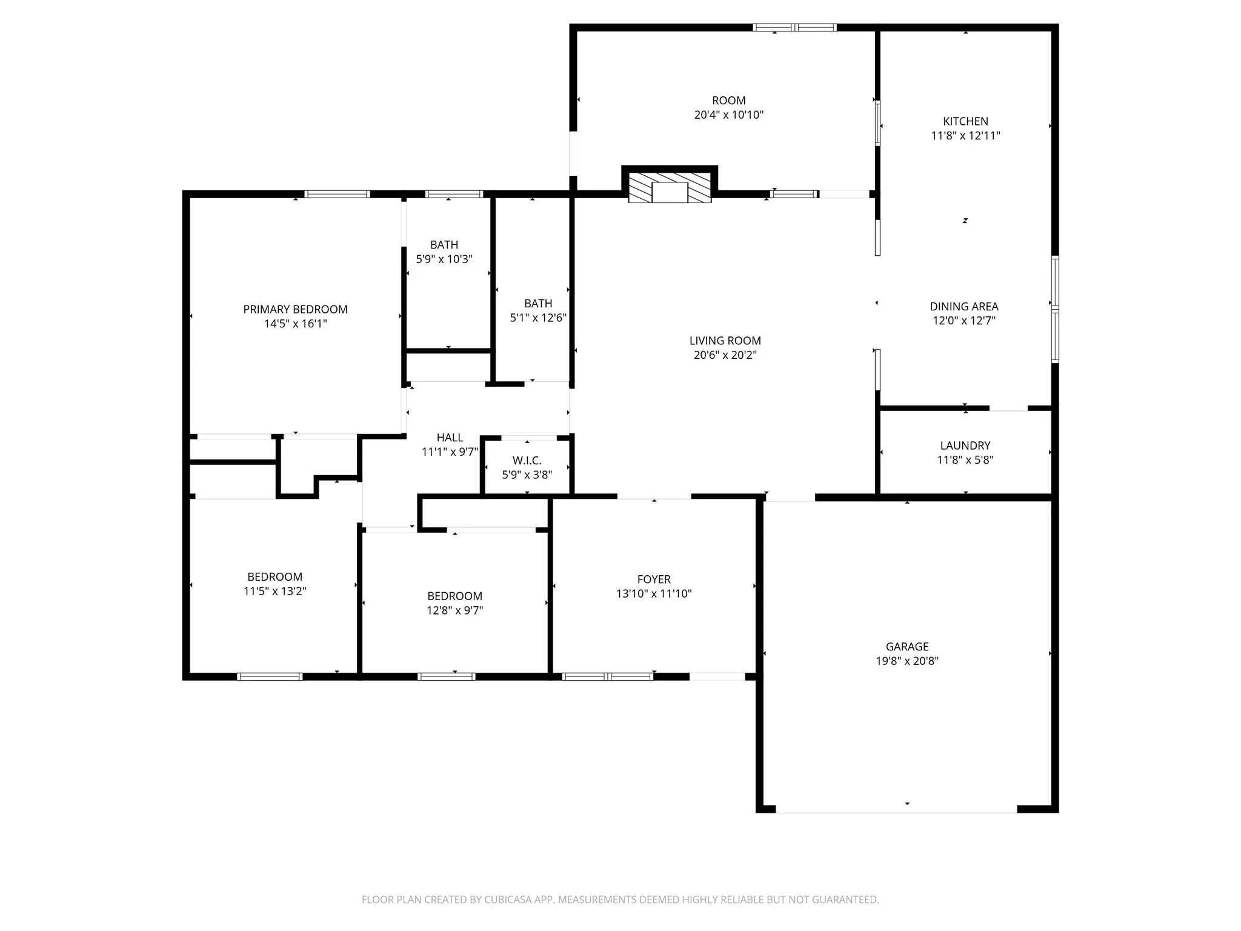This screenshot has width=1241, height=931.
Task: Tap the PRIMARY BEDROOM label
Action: click(295, 310)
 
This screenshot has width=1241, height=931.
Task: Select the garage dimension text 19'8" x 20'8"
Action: click(907, 661)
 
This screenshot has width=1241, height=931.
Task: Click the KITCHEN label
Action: click(965, 122)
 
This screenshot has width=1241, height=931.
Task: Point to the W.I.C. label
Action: click(527, 461)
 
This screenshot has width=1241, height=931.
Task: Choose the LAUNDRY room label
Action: click(965, 445)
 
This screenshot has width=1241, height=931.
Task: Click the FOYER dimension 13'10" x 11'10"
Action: click(654, 594)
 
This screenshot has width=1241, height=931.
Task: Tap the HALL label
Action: click(450, 438)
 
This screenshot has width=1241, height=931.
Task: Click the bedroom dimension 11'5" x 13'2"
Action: click(274, 592)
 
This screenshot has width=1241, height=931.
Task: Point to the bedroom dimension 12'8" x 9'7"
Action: click(454, 610)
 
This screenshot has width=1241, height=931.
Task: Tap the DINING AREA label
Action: click(963, 307)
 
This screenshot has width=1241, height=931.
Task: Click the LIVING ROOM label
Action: click(725, 341)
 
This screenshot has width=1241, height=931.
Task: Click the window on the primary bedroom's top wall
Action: click(337, 195)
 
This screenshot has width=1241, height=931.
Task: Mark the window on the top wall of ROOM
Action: click(794, 27)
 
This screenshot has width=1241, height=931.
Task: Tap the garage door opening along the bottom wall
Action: click(896, 809)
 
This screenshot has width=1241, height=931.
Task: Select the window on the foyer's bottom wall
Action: click(607, 676)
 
